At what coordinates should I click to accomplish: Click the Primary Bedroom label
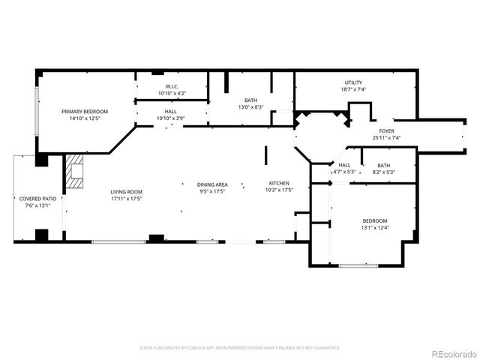point(85,111)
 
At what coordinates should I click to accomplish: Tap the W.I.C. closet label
point(172,86)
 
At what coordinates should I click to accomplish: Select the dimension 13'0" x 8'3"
point(251,107)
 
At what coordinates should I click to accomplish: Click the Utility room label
point(354,82)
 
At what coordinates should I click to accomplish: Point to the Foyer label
point(386,130)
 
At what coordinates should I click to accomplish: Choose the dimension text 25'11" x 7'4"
point(386,137)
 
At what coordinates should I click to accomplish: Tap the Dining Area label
point(212,184)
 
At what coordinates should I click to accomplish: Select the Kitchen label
point(280,183)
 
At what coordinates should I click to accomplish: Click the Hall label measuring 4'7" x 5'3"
point(344,165)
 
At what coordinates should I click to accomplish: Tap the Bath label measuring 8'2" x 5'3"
point(383,165)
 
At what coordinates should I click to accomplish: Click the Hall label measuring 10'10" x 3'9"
point(171,112)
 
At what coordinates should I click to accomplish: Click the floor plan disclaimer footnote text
point(240,348)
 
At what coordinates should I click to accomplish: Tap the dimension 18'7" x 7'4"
point(354,89)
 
